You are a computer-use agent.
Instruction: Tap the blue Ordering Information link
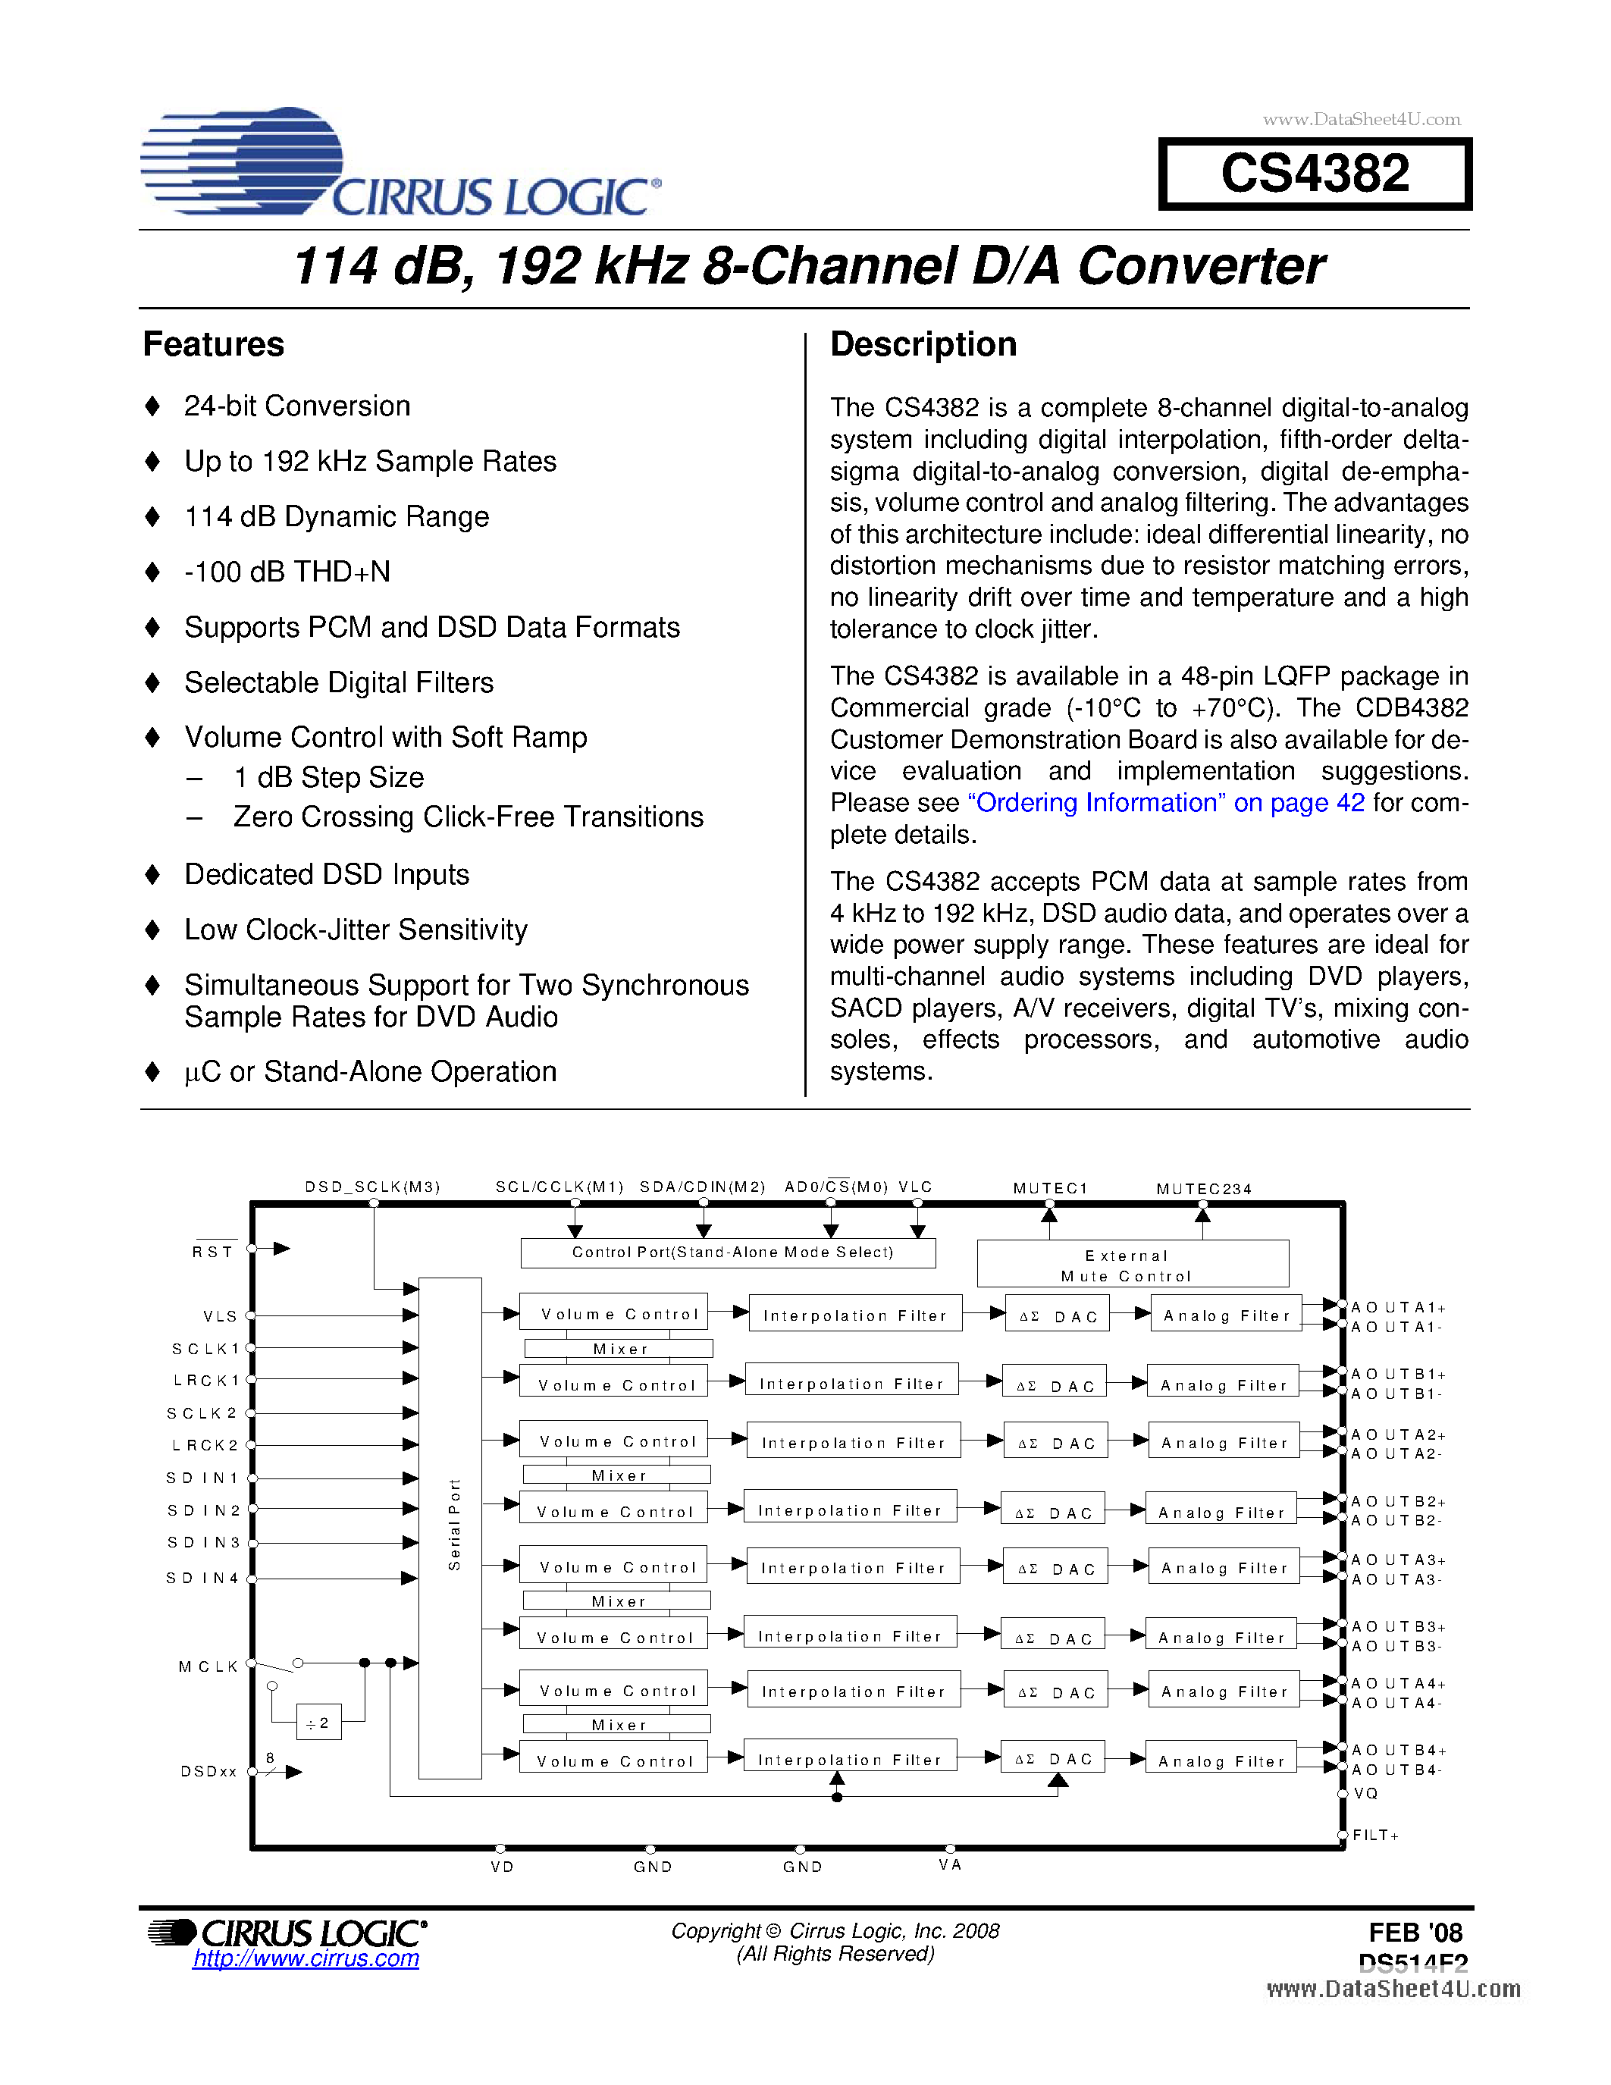click(1165, 803)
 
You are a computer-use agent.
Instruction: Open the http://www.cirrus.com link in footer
click(306, 1959)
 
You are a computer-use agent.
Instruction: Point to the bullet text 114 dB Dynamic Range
click(336, 516)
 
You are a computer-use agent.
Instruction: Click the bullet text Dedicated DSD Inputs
click(327, 874)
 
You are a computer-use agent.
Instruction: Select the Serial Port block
click(450, 1528)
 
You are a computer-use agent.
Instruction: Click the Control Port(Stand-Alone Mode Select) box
click(729, 1253)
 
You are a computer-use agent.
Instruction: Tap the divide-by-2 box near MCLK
click(318, 1723)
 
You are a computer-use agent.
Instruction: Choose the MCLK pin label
click(208, 1666)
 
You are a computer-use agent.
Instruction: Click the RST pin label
click(213, 1252)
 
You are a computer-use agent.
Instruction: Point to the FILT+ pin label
click(1375, 1835)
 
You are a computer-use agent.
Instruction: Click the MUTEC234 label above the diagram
click(1203, 1190)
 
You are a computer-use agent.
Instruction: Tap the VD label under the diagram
click(502, 1867)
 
